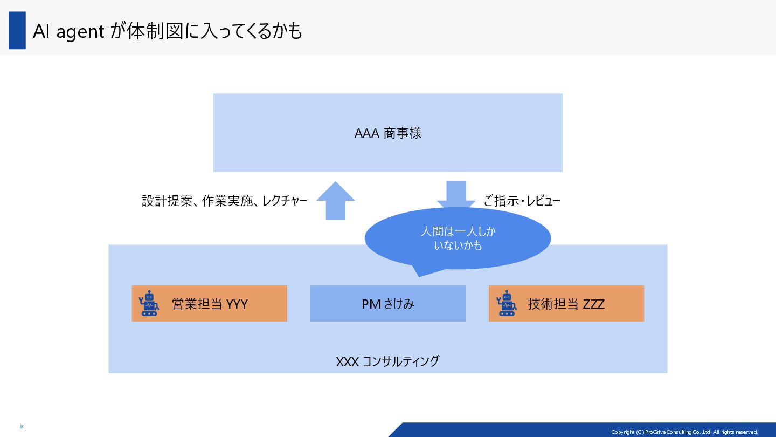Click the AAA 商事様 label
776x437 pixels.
[387, 133]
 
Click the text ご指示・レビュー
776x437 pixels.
[522, 202]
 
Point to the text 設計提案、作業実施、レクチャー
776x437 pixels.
[224, 202]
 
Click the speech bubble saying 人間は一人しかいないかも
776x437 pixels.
[458, 238]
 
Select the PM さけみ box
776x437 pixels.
[387, 304]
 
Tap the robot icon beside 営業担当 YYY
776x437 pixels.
[149, 304]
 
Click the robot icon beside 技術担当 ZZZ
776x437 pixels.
[506, 304]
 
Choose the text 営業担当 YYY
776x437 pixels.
[210, 304]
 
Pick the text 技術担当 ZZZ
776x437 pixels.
[566, 304]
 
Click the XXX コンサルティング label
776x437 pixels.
[387, 361]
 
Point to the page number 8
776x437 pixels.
[22, 427]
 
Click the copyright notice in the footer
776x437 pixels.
[684, 432]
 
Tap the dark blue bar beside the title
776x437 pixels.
[17, 31]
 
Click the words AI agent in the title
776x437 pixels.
[68, 32]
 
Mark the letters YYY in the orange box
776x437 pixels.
[237, 304]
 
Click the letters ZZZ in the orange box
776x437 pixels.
[593, 304]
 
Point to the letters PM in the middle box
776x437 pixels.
[371, 304]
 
